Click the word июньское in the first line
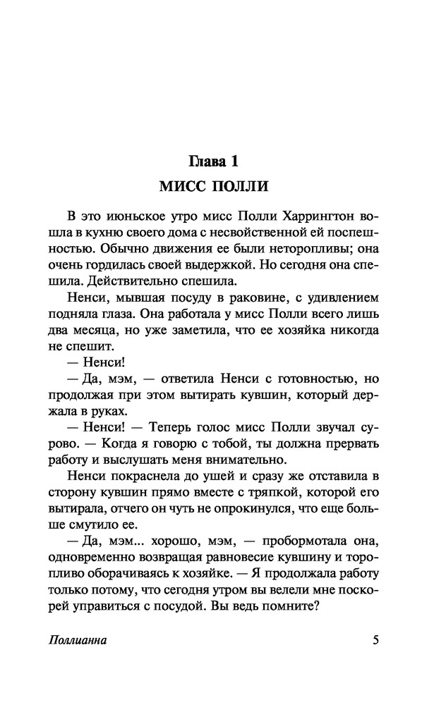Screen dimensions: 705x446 132,215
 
